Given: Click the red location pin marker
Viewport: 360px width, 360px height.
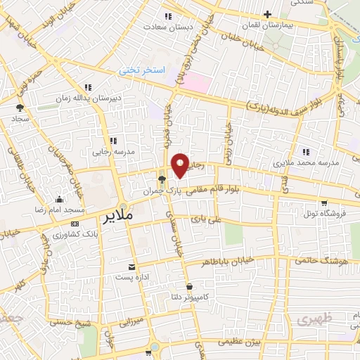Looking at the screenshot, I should pos(181,165).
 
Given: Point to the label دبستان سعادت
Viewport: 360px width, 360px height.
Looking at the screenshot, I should pos(163,26).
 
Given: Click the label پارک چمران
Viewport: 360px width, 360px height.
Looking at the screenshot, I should pos(173,191).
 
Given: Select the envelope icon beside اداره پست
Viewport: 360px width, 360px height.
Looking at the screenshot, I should pos(132,266).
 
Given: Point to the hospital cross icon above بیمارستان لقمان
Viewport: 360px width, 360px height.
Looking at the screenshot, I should pos(267,14).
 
